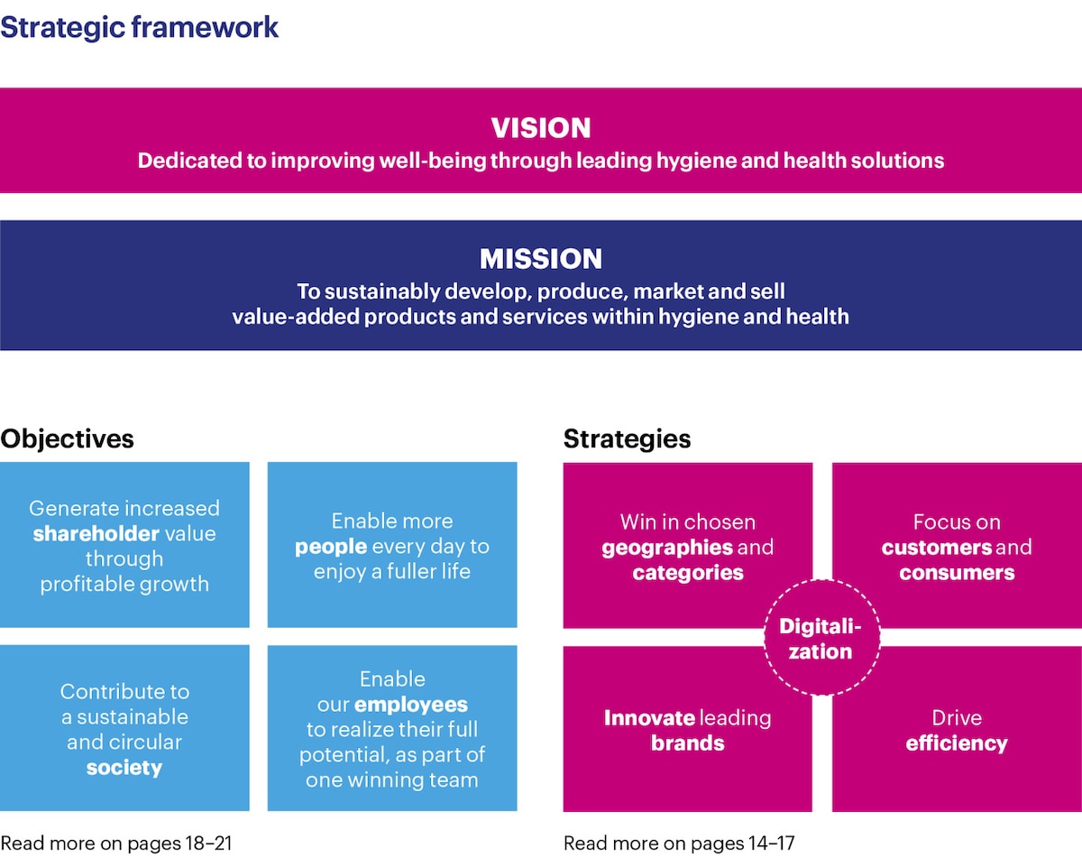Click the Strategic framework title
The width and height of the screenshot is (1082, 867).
[140, 27]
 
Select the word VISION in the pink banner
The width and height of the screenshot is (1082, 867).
[541, 128]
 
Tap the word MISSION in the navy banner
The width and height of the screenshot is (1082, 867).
[541, 259]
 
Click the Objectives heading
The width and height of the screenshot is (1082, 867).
[68, 439]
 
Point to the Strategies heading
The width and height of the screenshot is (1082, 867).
[627, 439]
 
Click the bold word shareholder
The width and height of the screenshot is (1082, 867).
[96, 533]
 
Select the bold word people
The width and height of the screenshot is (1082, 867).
[331, 546]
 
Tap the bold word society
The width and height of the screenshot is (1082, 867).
[124, 768]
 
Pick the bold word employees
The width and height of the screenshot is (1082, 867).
[411, 705]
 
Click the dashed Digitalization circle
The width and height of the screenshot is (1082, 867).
[821, 639]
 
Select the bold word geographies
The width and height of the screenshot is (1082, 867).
[667, 548]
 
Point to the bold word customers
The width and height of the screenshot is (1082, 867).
[937, 548]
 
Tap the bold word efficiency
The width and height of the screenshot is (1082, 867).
[957, 743]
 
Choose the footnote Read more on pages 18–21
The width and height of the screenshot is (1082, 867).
[116, 844]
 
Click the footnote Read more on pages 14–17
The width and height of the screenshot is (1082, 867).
[679, 844]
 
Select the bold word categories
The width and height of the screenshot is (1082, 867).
[688, 573]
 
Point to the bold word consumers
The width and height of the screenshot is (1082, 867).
[957, 573]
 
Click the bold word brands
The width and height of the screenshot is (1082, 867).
[688, 743]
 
